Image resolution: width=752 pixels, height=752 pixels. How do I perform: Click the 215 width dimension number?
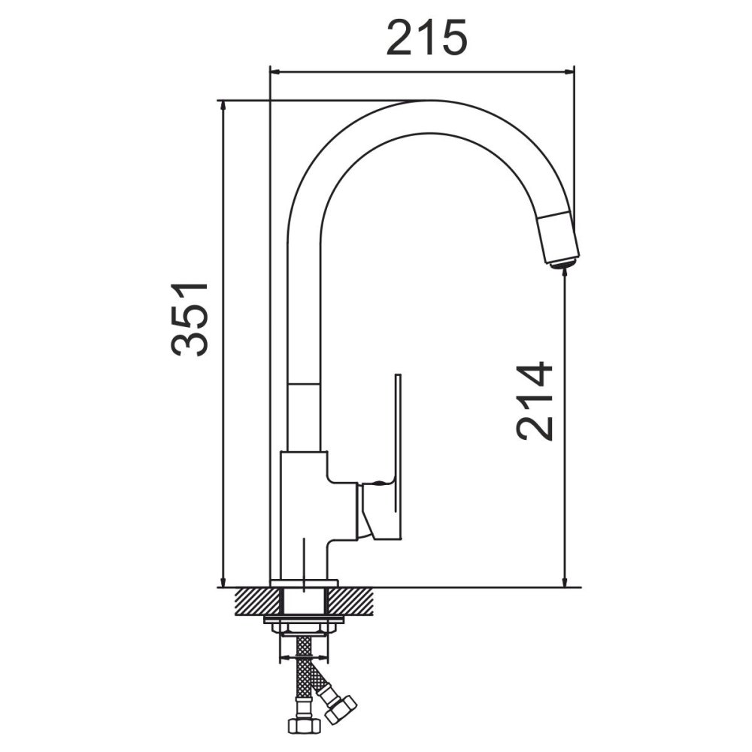point(427,38)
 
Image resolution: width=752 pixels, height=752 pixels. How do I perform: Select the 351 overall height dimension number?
point(190,320)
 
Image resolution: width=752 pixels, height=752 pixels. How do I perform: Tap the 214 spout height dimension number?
point(535,401)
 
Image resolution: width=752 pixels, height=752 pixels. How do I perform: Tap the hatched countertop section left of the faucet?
point(257,602)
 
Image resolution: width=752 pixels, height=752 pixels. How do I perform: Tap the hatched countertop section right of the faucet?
point(350,602)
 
